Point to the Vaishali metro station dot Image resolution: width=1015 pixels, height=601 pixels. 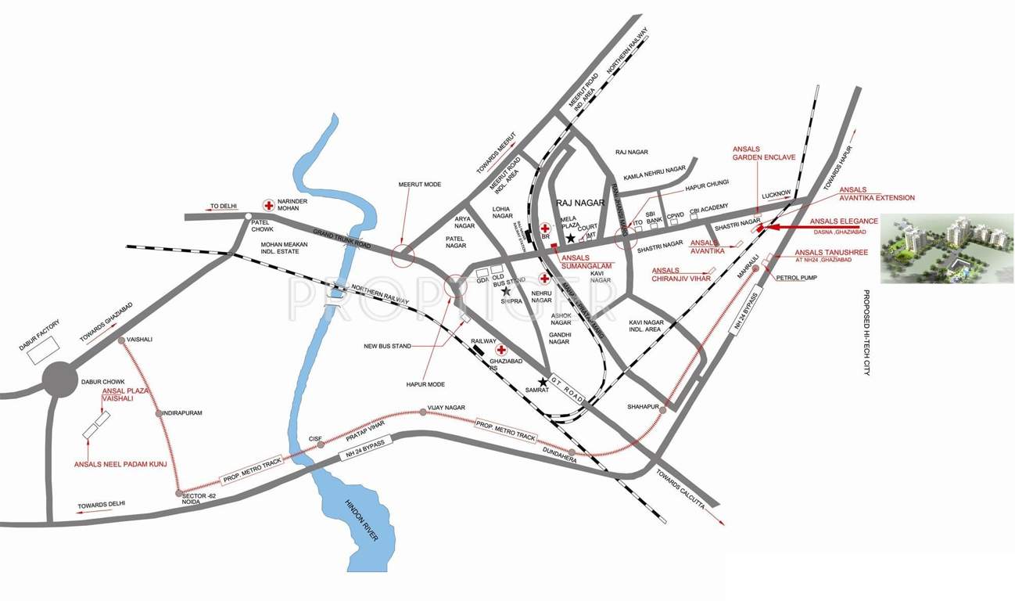[121, 340]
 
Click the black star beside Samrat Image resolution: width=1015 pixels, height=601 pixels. [543, 382]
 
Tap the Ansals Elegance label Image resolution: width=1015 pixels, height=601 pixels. [844, 221]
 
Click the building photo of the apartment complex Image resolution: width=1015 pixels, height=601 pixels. [947, 248]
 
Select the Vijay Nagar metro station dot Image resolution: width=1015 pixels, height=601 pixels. [423, 412]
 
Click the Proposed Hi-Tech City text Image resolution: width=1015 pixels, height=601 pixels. [867, 332]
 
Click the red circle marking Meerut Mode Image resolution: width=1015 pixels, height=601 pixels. [403, 254]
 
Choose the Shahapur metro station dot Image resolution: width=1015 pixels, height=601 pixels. [663, 408]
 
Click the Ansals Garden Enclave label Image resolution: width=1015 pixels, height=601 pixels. [763, 153]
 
